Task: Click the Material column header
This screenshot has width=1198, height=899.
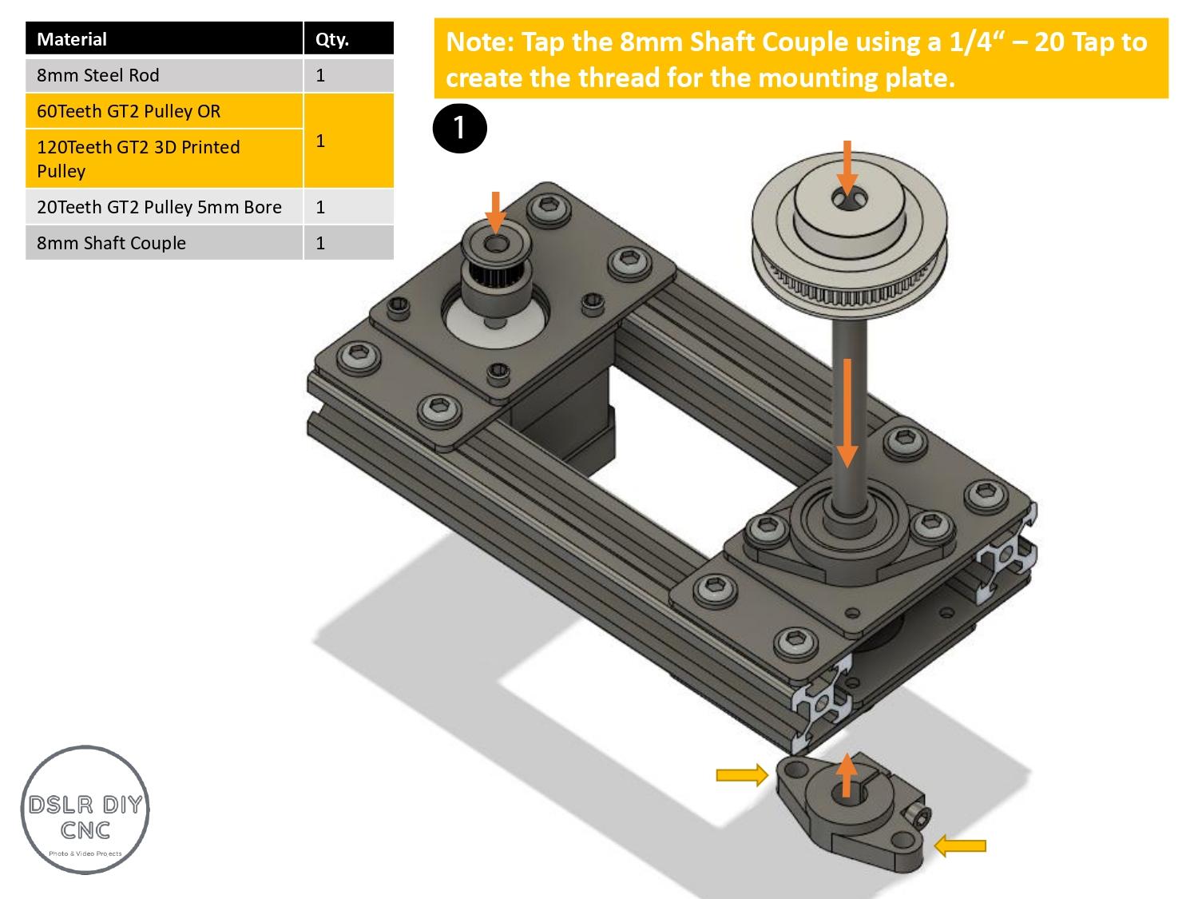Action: [72, 39]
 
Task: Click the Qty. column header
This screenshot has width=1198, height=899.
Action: [332, 39]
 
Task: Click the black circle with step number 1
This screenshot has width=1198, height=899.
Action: [459, 127]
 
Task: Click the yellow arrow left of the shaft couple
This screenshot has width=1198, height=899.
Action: [741, 774]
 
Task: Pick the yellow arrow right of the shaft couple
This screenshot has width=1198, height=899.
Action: [960, 845]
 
